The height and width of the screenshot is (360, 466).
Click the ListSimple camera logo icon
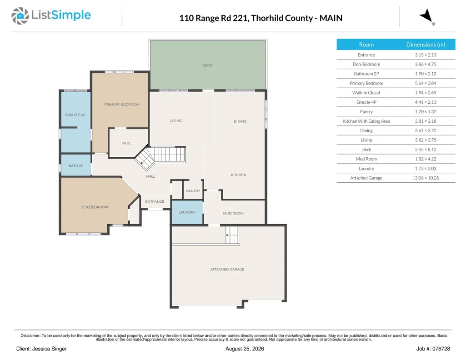pyautogui.click(x=20, y=16)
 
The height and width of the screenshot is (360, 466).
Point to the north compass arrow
pyautogui.click(x=427, y=16)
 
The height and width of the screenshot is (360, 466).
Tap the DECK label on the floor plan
pyautogui.click(x=207, y=65)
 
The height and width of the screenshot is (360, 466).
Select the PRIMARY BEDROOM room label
pyautogui.click(x=121, y=105)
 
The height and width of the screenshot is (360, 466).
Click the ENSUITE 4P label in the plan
pyautogui.click(x=75, y=115)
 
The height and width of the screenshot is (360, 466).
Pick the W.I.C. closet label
pyautogui.click(x=126, y=143)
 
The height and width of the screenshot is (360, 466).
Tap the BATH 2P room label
pyautogui.click(x=76, y=166)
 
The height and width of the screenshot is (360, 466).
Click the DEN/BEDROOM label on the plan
pyautogui.click(x=94, y=207)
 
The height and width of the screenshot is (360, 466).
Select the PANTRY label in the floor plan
pyautogui.click(x=193, y=191)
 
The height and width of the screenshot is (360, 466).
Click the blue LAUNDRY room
pyautogui.click(x=187, y=212)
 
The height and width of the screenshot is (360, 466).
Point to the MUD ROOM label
pyautogui.click(x=233, y=213)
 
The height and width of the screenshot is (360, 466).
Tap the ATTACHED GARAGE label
pyautogui.click(x=227, y=270)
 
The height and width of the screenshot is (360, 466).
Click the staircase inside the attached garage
pyautogui.click(x=232, y=235)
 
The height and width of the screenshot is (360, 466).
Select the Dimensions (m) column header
pyautogui.click(x=426, y=45)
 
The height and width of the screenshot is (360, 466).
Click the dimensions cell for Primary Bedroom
pyautogui.click(x=426, y=83)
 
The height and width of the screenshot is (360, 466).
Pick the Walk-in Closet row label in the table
pyautogui.click(x=366, y=93)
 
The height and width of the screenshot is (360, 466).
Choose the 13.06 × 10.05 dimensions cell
pyautogui.click(x=426, y=178)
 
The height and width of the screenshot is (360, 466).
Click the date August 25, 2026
pyautogui.click(x=245, y=349)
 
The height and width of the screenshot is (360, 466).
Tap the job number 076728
pyautogui.click(x=441, y=349)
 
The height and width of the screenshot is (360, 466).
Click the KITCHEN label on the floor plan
pyautogui.click(x=238, y=175)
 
